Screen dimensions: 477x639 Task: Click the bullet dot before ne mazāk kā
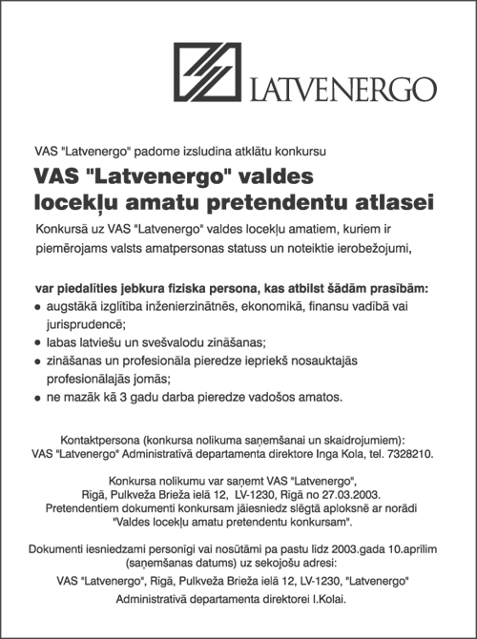pos(37,397)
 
